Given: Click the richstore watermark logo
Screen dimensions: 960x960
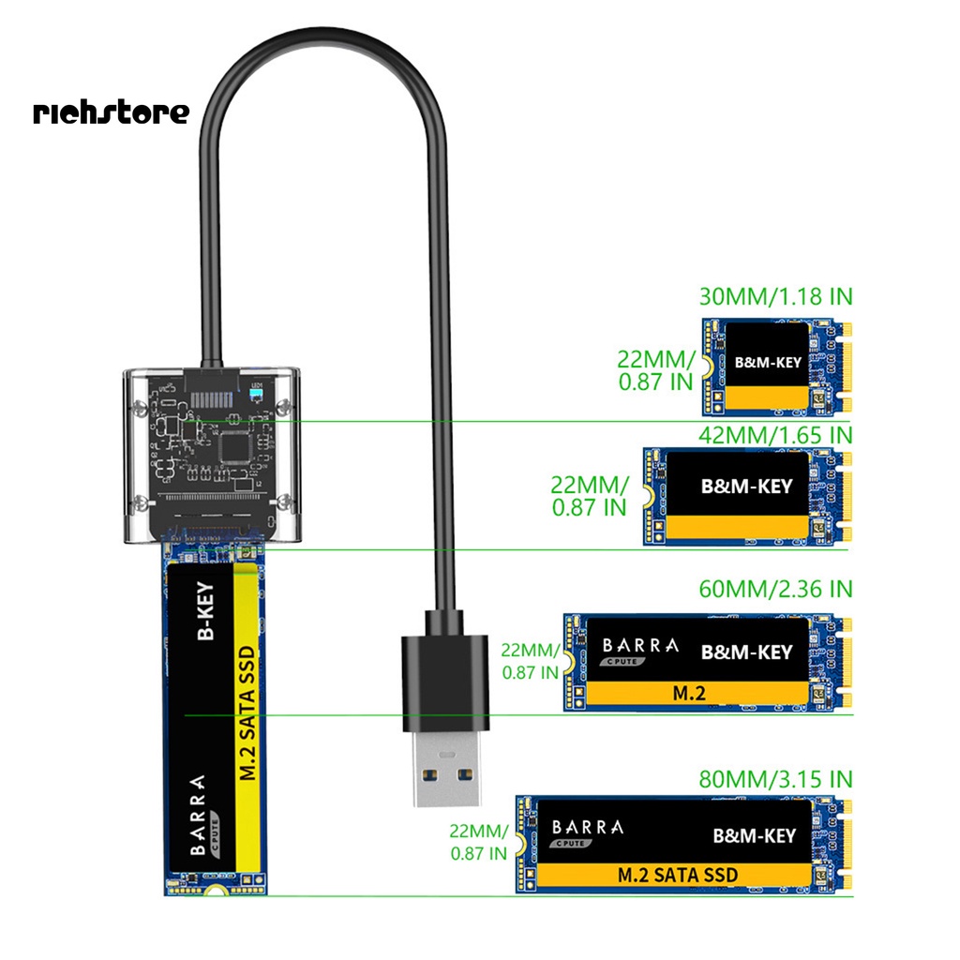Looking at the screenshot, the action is click(x=111, y=113).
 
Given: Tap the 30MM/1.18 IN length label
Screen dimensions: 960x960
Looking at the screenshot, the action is click(x=775, y=296).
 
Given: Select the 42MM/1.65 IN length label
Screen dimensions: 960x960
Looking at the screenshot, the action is click(x=775, y=435).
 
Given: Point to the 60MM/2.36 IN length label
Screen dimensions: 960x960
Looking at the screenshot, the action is click(x=775, y=589).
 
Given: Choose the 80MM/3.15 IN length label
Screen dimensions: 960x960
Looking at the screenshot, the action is click(x=775, y=779).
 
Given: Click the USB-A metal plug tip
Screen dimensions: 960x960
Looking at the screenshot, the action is click(x=445, y=769).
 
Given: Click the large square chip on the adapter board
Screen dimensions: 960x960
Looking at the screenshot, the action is click(x=235, y=447).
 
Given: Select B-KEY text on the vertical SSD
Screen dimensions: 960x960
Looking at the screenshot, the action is click(x=205, y=610).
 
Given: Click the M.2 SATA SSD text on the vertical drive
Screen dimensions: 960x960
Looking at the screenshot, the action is click(x=247, y=712).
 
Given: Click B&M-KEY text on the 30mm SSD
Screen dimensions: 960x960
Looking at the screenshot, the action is click(x=768, y=363).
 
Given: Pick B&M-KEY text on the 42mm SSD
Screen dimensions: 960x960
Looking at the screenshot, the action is click(x=747, y=487).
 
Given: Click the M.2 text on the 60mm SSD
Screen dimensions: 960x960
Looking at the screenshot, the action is click(x=689, y=693).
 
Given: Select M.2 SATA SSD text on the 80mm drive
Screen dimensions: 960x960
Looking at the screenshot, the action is click(x=678, y=875).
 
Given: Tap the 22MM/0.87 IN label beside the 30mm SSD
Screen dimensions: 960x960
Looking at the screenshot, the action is click(x=655, y=370).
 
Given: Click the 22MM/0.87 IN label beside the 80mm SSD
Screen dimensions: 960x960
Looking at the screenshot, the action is click(x=479, y=843).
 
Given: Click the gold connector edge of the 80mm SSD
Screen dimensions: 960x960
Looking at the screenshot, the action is click(x=847, y=845).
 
